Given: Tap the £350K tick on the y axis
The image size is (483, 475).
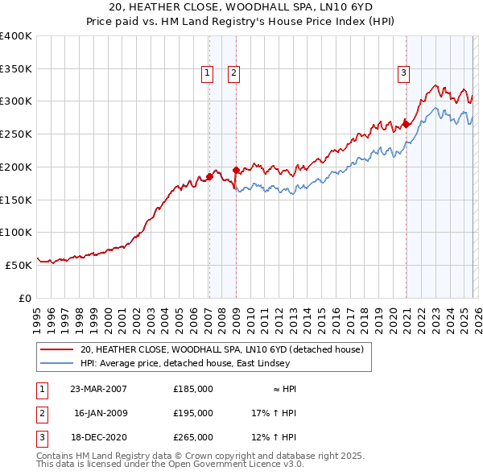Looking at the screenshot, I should (16, 69).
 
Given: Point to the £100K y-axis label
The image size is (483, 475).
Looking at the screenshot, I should (16, 232).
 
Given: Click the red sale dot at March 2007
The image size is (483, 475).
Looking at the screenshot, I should (209, 176).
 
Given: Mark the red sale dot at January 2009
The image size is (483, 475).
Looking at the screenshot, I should (236, 170).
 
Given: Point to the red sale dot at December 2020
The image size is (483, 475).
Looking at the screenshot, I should (407, 124).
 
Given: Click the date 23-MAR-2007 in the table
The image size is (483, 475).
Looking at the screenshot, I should (99, 389).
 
